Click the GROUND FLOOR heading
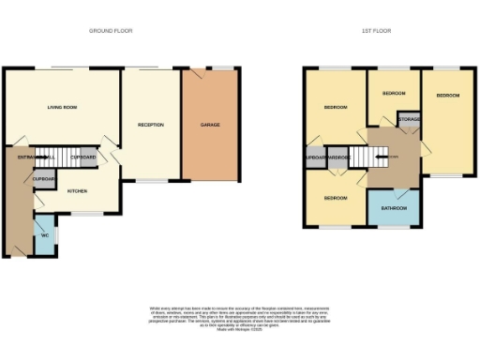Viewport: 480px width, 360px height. [111, 31]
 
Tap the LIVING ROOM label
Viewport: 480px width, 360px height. [62, 108]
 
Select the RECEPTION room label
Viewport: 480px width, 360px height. [151, 125]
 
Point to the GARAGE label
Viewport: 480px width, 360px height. [210, 125]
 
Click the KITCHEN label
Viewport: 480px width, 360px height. [77, 190]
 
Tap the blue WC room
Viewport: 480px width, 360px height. [44, 234]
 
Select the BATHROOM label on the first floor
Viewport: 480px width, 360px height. [394, 209]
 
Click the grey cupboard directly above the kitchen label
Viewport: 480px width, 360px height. [44, 178]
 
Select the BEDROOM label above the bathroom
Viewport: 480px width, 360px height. [335, 199]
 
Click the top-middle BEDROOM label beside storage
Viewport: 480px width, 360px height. [393, 94]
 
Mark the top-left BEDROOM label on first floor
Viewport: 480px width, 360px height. [335, 108]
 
